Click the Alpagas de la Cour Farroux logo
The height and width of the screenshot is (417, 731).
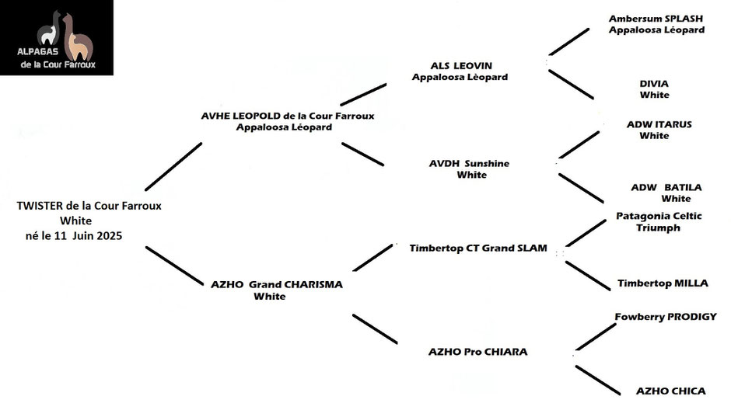tap(57, 37)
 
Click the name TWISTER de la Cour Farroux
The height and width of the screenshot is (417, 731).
tap(89, 206)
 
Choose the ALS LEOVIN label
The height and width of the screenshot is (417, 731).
tap(461, 66)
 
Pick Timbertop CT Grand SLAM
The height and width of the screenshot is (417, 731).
tap(477, 248)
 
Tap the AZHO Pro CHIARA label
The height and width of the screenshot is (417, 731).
tap(477, 352)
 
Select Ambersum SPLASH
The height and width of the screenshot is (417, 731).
tap(657, 18)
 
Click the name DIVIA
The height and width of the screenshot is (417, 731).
tap(654, 83)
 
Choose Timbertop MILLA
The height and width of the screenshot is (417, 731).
tap(663, 283)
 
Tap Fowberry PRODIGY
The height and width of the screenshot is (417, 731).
tap(665, 317)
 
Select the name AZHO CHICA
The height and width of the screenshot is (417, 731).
tap(670, 391)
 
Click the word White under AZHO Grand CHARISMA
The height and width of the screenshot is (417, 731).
tap(269, 297)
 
